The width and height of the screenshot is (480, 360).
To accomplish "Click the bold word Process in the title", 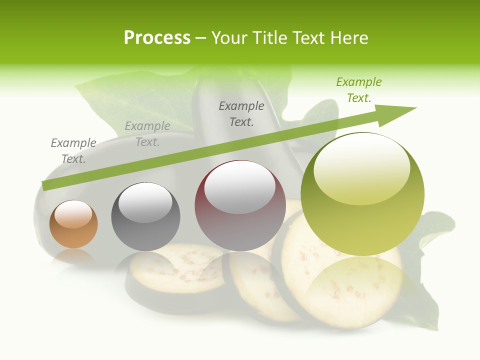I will tap(157, 38).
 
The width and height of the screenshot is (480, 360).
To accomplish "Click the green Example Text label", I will tap(359, 90).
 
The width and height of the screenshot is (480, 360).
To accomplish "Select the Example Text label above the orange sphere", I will tap(73, 151).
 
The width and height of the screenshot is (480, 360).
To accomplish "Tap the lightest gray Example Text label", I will tap(147, 134).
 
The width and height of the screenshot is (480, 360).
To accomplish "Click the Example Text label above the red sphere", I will tap(241, 113).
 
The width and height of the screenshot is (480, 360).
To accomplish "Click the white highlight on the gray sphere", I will tap(145, 202).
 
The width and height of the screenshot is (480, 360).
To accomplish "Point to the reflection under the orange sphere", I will tap(73, 257).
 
